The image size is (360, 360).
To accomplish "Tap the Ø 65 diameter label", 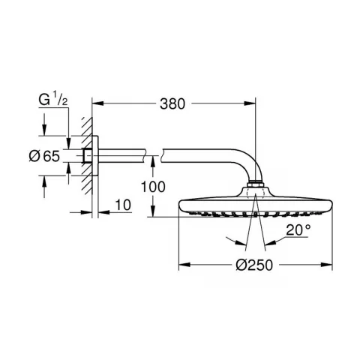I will point(44,157).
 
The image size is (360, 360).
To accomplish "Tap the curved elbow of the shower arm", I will point(244,169).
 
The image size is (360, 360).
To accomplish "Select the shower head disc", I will point(255,205).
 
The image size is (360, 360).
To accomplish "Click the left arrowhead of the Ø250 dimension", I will point(181,264).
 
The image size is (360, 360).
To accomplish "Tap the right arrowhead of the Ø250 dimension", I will point(328,264).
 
